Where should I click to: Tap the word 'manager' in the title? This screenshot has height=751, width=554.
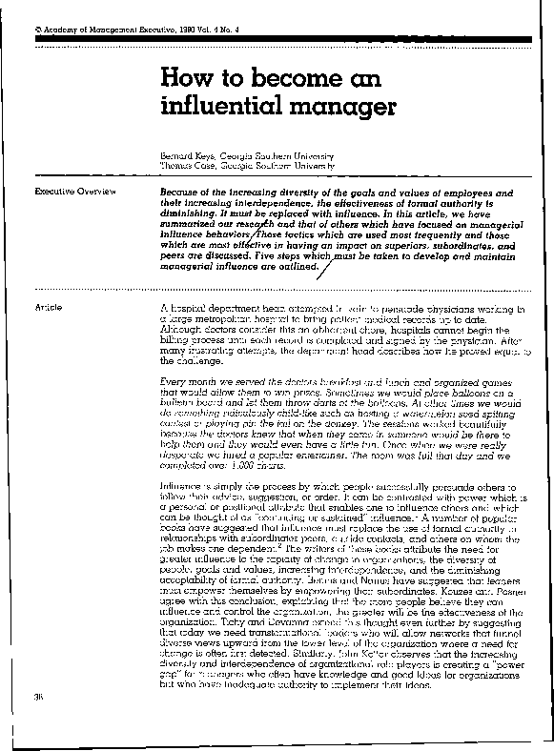(328, 106)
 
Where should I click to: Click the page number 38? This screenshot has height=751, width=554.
(39, 724)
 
